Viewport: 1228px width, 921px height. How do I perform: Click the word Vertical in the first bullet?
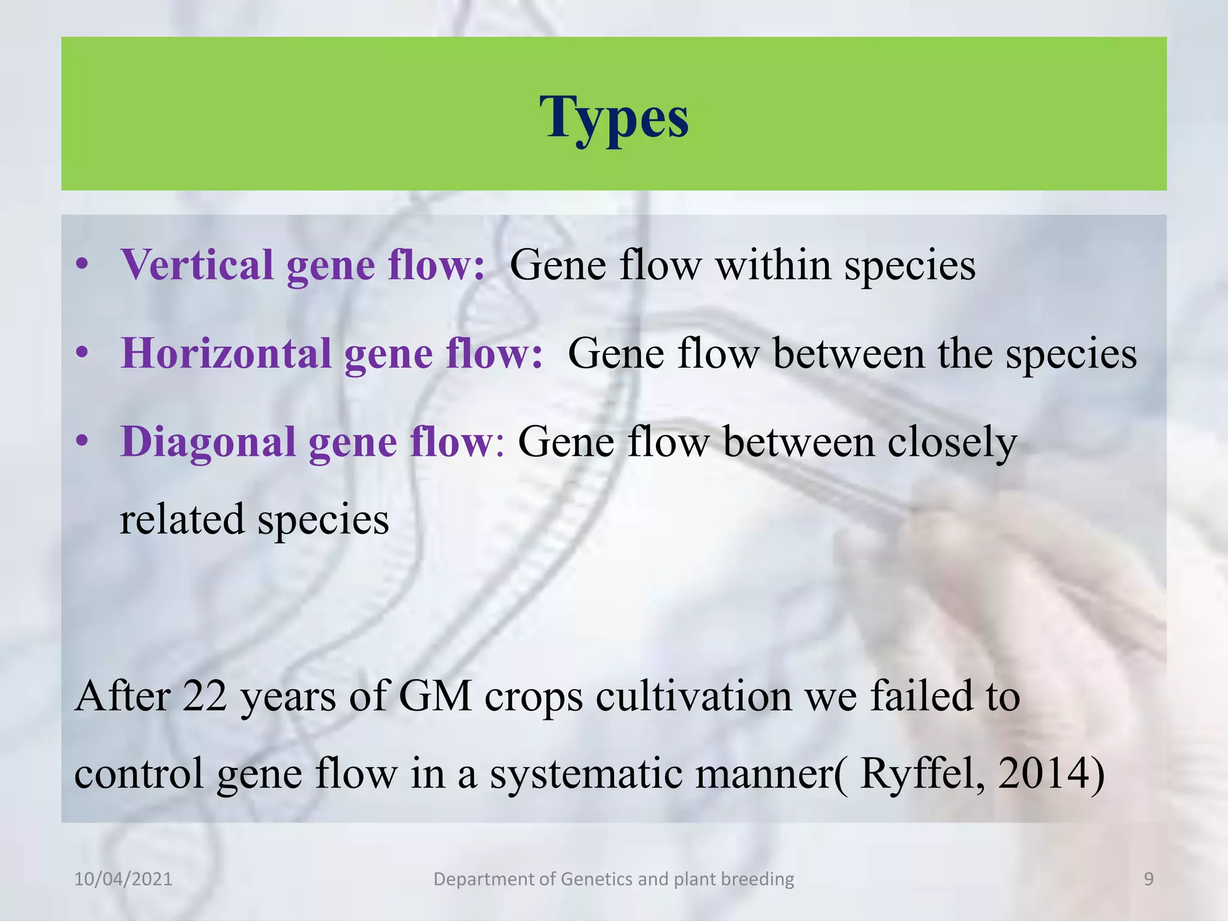click(x=197, y=264)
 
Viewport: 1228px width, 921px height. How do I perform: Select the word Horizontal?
click(x=226, y=353)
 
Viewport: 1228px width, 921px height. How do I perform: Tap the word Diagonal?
click(x=207, y=443)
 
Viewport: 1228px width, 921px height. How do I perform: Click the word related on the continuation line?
click(x=182, y=519)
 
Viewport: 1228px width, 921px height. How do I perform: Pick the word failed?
click(x=922, y=696)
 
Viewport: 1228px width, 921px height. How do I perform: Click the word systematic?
click(x=585, y=773)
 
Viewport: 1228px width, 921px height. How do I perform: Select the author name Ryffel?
click(x=921, y=773)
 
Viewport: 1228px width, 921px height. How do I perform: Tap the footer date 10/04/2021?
click(x=123, y=879)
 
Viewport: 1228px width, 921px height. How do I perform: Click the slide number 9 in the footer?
click(x=1148, y=879)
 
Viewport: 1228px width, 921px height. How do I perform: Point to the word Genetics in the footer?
click(x=596, y=879)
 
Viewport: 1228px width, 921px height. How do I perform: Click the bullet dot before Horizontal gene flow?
click(x=83, y=353)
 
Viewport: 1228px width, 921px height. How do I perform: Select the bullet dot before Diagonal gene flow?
click(x=83, y=442)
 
